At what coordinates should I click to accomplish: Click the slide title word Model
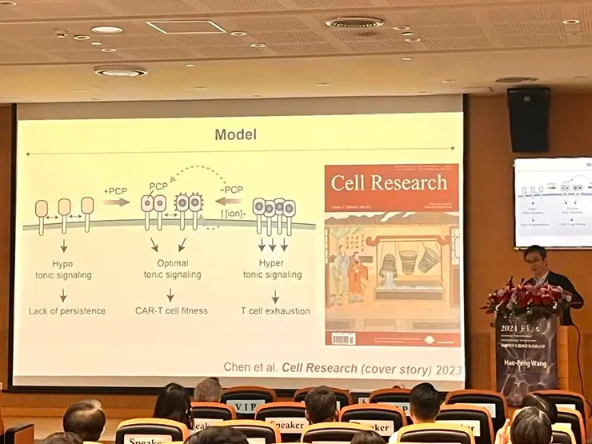tap(235, 134)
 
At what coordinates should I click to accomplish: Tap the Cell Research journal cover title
tap(389, 183)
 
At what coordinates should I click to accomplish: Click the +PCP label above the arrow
tap(115, 190)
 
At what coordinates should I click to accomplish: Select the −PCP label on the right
tap(232, 190)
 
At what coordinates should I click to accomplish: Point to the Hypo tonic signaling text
tap(63, 269)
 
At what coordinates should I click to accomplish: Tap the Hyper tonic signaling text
tap(272, 269)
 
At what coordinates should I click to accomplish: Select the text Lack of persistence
tap(66, 310)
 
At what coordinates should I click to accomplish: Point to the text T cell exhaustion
tap(276, 310)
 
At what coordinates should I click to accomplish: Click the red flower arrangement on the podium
tap(527, 298)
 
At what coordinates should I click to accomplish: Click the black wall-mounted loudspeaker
tap(527, 119)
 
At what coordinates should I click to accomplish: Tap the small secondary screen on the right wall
tap(552, 202)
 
